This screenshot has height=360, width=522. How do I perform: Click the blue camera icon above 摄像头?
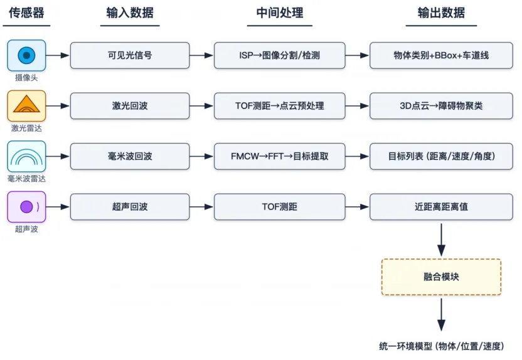tap(26, 55)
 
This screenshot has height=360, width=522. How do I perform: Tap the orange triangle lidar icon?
tap(26, 106)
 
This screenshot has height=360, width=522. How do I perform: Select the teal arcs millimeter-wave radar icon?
tap(26, 156)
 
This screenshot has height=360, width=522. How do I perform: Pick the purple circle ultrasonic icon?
tap(26, 206)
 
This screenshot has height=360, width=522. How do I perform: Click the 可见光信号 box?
tap(130, 55)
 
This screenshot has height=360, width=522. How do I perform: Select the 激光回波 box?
tap(130, 106)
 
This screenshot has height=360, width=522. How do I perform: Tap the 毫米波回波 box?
tap(130, 156)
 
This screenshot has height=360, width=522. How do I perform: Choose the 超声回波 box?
tap(130, 206)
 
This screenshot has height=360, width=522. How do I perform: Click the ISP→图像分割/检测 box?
tap(280, 55)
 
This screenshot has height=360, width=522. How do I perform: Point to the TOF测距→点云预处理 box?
tap(280, 106)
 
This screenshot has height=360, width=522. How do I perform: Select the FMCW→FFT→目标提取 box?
tap(280, 156)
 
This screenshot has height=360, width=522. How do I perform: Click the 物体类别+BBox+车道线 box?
tap(441, 55)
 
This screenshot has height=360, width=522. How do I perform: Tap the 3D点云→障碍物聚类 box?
tap(441, 106)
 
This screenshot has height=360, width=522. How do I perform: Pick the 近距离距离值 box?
tap(441, 206)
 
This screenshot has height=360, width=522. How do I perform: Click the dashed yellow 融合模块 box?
tap(441, 277)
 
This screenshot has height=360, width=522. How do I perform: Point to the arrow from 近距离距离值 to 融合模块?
tap(441, 240)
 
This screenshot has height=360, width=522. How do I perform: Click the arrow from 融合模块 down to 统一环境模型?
tap(441, 315)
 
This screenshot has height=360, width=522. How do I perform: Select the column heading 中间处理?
tap(280, 13)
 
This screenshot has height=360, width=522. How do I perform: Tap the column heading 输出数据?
tap(441, 13)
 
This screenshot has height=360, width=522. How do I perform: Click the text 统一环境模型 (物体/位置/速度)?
tap(442, 346)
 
